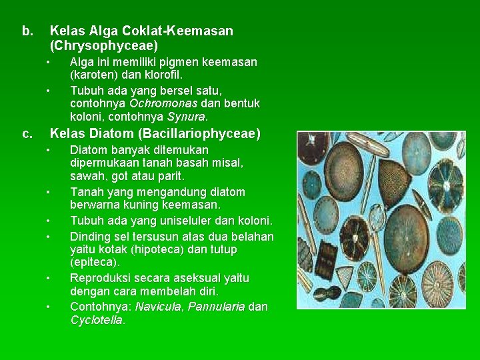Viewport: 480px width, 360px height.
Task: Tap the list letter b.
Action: pyautogui.click(x=27, y=31)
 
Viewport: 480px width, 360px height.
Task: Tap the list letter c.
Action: pyautogui.click(x=27, y=134)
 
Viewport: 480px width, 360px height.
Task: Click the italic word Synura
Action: pyautogui.click(x=185, y=117)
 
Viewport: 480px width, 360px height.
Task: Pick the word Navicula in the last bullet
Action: pyautogui.click(x=159, y=307)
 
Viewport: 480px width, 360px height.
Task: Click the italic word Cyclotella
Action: pyautogui.click(x=97, y=320)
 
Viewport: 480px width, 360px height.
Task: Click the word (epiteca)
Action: pyautogui.click(x=95, y=263)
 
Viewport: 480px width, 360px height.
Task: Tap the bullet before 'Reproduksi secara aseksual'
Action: pyautogui.click(x=49, y=278)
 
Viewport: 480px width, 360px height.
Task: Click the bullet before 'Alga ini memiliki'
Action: pyautogui.click(x=49, y=62)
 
